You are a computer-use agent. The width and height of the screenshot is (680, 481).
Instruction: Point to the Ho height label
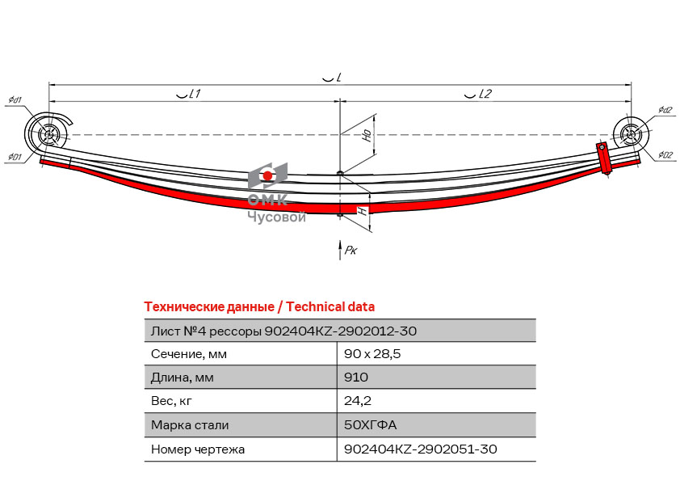[x=367, y=135]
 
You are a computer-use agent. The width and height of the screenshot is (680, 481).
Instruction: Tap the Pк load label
[x=350, y=250]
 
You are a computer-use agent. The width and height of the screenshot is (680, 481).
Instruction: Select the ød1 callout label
[x=15, y=100]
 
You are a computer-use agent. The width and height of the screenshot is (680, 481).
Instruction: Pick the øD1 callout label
[x=15, y=156]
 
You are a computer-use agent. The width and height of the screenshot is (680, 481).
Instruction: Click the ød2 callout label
[x=665, y=110]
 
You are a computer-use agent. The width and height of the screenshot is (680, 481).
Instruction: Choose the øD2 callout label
[x=665, y=155]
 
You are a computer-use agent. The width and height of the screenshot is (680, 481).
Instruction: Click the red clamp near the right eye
[x=603, y=158]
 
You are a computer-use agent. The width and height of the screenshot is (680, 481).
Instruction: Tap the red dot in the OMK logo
[x=267, y=175]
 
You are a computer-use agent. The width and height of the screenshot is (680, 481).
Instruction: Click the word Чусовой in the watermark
[x=277, y=216]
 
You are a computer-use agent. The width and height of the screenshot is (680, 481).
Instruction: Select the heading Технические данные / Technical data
[x=259, y=307]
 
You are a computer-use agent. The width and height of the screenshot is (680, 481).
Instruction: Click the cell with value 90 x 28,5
[x=372, y=354]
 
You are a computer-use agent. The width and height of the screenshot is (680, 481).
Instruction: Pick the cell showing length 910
[x=356, y=377]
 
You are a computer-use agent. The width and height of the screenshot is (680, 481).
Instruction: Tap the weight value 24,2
[x=358, y=400]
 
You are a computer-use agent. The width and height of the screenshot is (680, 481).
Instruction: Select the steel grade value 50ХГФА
[x=371, y=424]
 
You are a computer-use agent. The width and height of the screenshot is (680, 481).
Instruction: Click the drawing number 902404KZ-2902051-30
[x=421, y=449]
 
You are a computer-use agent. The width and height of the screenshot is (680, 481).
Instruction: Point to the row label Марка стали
[x=190, y=425]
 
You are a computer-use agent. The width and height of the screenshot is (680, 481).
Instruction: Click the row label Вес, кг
[x=171, y=401]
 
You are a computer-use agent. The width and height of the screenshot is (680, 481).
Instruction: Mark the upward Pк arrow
[x=340, y=250]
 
